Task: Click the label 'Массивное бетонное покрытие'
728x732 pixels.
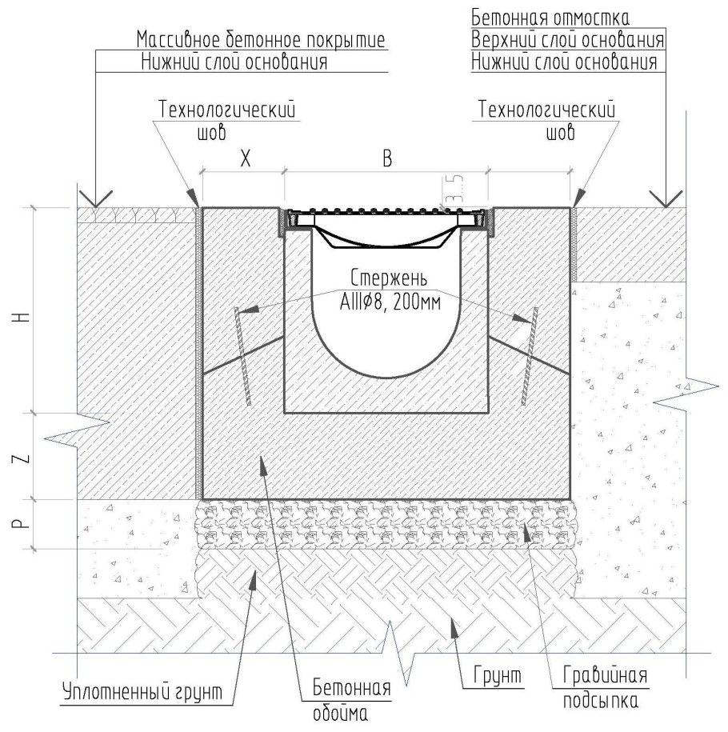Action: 261,40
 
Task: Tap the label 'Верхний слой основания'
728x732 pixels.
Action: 568,39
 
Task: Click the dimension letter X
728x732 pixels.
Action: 246,159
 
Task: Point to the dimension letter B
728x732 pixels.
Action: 387,159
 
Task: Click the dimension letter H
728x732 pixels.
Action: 25,316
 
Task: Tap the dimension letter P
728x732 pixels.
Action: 25,524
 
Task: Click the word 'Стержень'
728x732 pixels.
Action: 390,278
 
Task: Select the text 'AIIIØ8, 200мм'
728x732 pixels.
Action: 390,300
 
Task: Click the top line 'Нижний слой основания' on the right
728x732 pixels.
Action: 568,62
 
